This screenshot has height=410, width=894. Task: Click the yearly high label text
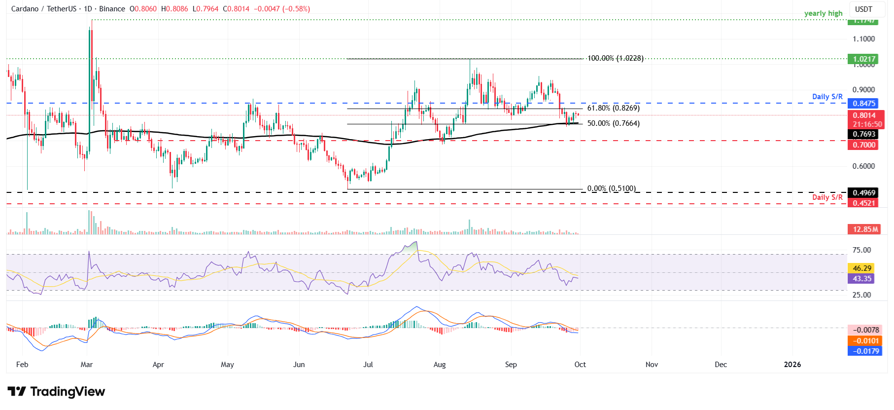[x=823, y=13]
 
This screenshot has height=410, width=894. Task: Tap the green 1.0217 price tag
[x=864, y=59]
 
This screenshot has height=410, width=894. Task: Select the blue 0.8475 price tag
[x=864, y=103]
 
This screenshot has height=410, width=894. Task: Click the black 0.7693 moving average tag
[x=864, y=134]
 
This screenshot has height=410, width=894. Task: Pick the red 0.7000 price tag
[x=864, y=145]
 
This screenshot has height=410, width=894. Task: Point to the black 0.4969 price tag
[x=864, y=193]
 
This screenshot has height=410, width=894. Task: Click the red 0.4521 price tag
[x=864, y=203]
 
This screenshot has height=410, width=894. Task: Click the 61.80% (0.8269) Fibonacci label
[x=613, y=108]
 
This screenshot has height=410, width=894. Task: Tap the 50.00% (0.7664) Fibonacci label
[x=613, y=123]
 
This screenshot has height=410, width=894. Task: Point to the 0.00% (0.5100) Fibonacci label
[x=611, y=188]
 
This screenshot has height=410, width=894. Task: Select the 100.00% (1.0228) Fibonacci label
[x=615, y=58]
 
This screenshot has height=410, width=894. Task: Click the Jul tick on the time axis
[x=368, y=365]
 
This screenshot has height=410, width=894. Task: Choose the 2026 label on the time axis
[x=792, y=365]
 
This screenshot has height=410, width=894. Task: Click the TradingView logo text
[x=68, y=392]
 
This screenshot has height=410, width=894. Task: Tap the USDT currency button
[x=863, y=9]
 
